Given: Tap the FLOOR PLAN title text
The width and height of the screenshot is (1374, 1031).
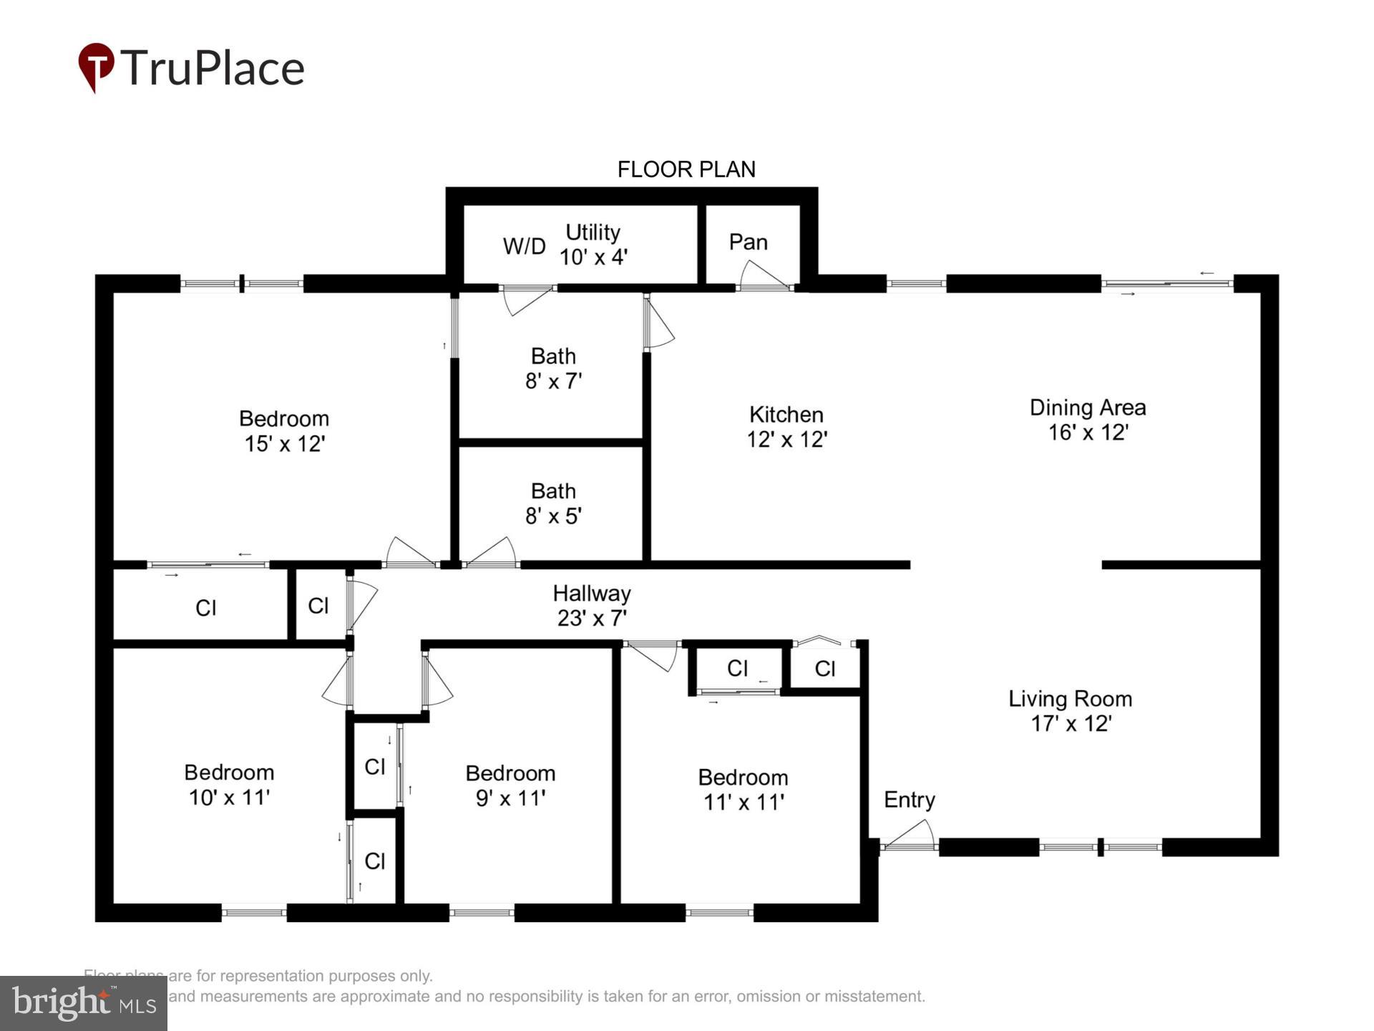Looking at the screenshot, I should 686,169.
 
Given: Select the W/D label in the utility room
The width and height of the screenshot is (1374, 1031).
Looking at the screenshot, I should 524,246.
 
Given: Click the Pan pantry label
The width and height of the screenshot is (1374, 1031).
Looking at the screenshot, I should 748,242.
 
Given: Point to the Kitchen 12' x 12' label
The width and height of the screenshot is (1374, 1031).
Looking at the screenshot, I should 786,427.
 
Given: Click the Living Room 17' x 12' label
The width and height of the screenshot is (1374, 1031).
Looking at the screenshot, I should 1070,711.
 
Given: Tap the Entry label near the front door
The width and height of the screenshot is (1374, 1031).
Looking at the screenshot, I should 909,800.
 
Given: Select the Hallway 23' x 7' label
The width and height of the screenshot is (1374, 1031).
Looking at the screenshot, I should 592,605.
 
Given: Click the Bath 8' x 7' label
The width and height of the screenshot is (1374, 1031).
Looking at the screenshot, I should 553,368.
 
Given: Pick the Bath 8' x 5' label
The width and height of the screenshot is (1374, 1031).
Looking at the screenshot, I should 553,503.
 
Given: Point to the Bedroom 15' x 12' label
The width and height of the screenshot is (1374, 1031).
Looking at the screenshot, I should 284,430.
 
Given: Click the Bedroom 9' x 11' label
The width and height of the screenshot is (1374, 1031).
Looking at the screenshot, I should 510,785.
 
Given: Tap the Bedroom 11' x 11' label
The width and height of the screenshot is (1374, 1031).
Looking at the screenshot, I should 743,789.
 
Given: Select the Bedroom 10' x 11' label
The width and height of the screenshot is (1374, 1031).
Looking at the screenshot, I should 229,784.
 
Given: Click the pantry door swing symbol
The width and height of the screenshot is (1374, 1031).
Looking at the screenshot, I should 763,276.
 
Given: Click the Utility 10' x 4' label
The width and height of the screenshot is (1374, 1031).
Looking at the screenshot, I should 593,244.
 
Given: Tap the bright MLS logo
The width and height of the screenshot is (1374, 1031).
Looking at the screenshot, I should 84,1002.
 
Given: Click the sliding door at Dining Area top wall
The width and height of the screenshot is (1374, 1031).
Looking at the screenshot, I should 1166,284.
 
